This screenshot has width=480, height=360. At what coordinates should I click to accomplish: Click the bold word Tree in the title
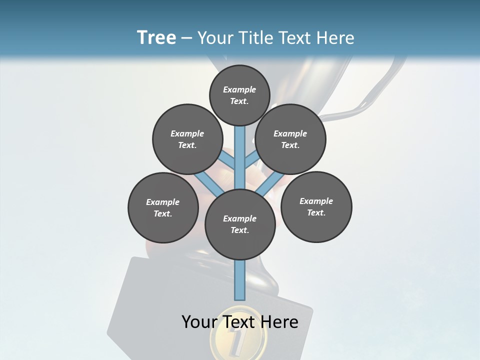coord(156,38)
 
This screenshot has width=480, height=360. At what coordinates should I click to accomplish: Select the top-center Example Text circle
coord(239,95)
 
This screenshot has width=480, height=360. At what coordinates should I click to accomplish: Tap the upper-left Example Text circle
coord(187,139)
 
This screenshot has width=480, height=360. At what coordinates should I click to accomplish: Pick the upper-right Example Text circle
coord(290,139)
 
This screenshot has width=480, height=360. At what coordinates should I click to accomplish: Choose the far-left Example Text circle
coord(163,207)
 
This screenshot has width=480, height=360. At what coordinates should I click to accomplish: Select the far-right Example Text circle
coord(316,206)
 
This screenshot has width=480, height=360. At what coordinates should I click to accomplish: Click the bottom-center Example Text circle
coord(240,224)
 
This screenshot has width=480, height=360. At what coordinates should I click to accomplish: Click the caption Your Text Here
coord(240,322)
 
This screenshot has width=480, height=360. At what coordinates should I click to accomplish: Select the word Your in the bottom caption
coord(199,322)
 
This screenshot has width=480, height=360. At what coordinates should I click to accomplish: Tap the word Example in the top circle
coord(239,89)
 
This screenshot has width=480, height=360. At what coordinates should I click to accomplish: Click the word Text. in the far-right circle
coord(316,212)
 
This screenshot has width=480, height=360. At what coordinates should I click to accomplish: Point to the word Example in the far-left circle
coord(163,202)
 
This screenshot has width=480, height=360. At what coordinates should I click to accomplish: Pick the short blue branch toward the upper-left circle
coord(227,161)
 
